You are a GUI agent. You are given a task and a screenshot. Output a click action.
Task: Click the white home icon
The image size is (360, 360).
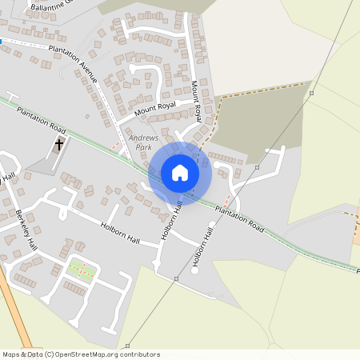(180, 173)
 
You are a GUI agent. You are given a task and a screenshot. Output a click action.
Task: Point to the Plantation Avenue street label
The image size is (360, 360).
(73, 65)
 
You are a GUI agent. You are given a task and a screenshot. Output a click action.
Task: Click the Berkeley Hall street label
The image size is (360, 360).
(26, 229)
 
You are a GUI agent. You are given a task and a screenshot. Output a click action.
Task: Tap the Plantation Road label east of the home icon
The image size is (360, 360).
(239, 217)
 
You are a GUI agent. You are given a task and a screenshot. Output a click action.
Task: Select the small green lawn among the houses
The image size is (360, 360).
(80, 272)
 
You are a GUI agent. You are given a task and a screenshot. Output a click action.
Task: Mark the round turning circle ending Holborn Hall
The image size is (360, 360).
(195, 269)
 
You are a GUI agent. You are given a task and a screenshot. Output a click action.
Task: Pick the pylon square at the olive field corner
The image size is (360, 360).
(311, 93)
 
